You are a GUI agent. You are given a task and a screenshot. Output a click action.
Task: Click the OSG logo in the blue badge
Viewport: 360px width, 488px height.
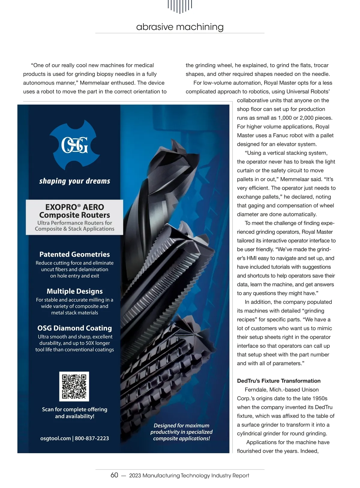pyautogui.click(x=74, y=146)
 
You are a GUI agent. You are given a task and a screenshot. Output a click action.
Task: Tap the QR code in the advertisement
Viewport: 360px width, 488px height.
pyautogui.click(x=74, y=386)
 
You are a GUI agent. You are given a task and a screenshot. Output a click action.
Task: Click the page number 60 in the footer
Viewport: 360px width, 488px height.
pyautogui.click(x=114, y=475)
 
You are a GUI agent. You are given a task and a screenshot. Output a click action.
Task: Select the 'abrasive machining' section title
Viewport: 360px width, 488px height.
pyautogui.click(x=180, y=27)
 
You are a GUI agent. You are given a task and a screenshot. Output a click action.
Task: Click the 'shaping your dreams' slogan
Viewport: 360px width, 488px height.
pyautogui.click(x=75, y=181)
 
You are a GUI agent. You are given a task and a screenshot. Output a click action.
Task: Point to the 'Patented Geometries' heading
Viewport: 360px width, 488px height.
pyautogui.click(x=74, y=254)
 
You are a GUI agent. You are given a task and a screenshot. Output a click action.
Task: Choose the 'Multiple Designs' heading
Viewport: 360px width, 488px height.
pyautogui.click(x=74, y=291)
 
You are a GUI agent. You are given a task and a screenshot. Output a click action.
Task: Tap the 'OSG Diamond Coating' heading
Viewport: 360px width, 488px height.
pyautogui.click(x=74, y=328)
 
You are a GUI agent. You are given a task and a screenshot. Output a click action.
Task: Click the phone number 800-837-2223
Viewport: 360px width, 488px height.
pyautogui.click(x=92, y=438)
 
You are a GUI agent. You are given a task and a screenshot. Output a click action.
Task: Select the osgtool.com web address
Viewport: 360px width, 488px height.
pyautogui.click(x=55, y=438)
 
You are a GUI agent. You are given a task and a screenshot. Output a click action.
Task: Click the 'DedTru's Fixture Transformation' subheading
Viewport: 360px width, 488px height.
pyautogui.click(x=279, y=381)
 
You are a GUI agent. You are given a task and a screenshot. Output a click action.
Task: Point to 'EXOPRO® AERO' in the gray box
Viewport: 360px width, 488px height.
pyautogui.click(x=74, y=207)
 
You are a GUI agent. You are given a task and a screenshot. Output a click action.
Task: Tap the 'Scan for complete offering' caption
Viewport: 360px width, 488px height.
pyautogui.click(x=74, y=409)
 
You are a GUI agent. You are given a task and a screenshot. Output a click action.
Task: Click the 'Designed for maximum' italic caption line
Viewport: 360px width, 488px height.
pyautogui.click(x=181, y=426)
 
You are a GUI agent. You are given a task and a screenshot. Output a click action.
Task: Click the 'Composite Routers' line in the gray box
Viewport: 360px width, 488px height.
pyautogui.click(x=74, y=215)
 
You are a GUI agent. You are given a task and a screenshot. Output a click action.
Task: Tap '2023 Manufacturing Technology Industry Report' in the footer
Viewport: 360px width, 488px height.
pyautogui.click(x=189, y=475)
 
